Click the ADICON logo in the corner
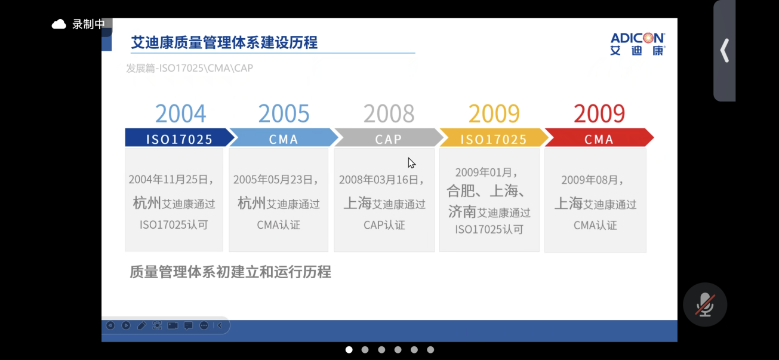638,44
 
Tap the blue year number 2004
180,113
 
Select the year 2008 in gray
389,113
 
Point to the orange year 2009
494,113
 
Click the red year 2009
599,113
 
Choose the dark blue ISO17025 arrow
180,137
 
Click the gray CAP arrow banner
389,137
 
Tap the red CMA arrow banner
599,137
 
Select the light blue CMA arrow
284,137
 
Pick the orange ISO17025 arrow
494,137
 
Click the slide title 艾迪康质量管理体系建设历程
224,42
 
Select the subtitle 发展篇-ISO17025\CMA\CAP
190,68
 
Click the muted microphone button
705,304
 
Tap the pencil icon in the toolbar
141,325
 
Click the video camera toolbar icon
173,325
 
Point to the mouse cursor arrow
411,163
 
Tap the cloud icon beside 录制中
59,24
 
